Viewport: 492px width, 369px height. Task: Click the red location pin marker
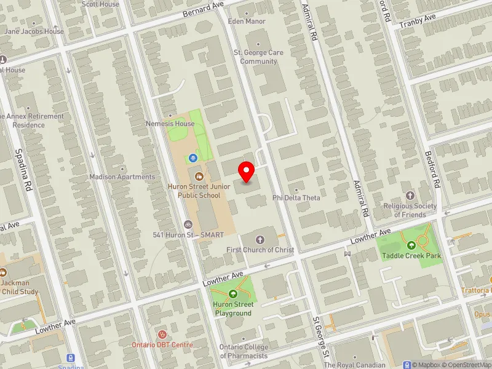click(247, 172)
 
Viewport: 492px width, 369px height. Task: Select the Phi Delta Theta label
click(296, 197)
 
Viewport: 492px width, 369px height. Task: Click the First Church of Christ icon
click(260, 239)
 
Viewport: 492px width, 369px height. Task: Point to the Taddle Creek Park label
click(411, 255)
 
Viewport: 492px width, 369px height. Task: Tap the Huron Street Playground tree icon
click(232, 294)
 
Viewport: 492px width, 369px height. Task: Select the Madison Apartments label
click(122, 177)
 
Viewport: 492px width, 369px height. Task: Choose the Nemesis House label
click(170, 124)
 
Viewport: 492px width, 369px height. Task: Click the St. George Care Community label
click(259, 57)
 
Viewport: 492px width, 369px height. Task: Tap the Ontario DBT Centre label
click(162, 344)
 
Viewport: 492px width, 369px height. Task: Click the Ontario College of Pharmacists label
click(244, 351)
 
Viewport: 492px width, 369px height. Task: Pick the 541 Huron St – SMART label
click(188, 235)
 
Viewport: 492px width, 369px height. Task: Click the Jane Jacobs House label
click(34, 31)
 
